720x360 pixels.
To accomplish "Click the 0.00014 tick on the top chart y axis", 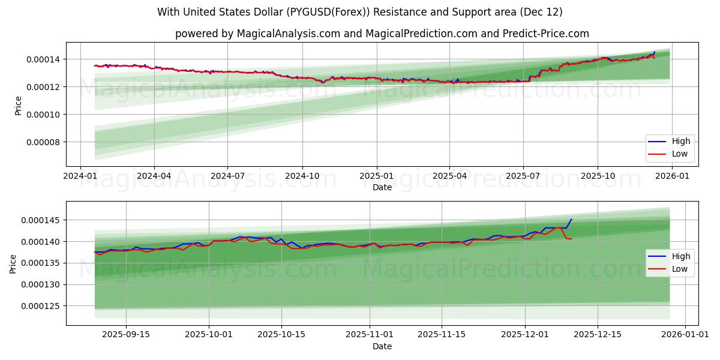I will click(x=43, y=59).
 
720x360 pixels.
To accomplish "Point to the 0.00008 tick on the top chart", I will click(x=43, y=142).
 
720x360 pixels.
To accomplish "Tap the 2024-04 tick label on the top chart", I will click(x=154, y=176).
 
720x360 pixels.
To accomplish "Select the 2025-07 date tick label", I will click(x=523, y=176).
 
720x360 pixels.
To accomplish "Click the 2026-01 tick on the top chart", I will click(x=672, y=176).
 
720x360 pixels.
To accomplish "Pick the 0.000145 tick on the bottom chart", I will click(x=41, y=220).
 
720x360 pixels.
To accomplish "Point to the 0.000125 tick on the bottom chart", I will click(x=41, y=306).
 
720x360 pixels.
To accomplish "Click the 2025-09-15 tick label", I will click(x=126, y=334).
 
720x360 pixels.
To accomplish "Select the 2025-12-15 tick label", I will click(x=597, y=334).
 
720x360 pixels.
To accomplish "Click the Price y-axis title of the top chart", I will click(x=18, y=106).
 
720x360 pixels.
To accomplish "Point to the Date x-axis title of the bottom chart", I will click(x=382, y=346).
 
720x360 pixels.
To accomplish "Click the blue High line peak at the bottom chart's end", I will click(x=571, y=219).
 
